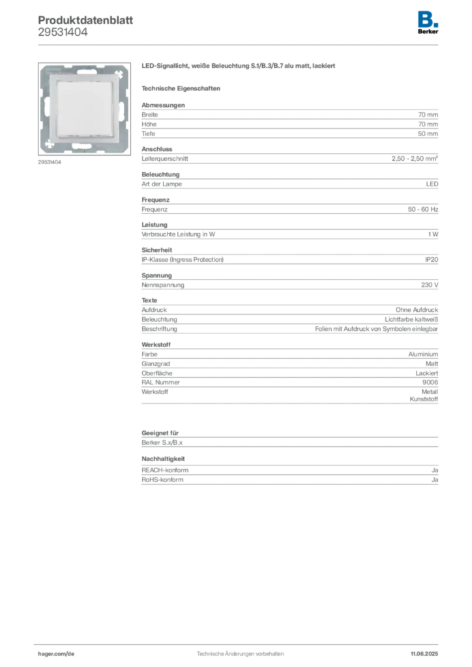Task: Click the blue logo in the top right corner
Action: [428, 18]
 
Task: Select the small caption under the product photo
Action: [50, 163]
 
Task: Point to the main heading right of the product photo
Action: [239, 67]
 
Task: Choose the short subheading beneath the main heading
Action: [183, 88]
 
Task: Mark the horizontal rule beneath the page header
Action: [240, 44]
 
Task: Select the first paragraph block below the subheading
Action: [289, 119]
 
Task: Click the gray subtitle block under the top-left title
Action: [62, 35]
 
